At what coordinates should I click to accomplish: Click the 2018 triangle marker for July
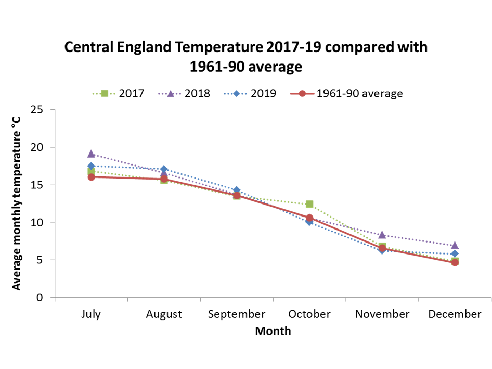[x=91, y=154]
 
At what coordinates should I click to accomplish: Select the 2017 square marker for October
[x=309, y=205]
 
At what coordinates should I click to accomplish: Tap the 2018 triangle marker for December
[x=455, y=245]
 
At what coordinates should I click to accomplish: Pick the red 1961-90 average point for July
[x=91, y=177]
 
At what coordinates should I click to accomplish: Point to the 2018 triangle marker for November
[x=382, y=235]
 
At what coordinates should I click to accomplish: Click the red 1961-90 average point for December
[x=455, y=263]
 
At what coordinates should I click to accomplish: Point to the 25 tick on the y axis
[x=36, y=110]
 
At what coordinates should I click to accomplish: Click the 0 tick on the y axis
[x=40, y=298]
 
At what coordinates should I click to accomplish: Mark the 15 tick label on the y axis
[x=36, y=185]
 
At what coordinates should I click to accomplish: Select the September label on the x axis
[x=237, y=314]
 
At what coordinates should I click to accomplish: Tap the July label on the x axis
[x=91, y=314]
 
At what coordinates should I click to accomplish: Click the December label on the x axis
[x=455, y=314]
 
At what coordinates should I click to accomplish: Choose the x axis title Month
[x=273, y=331]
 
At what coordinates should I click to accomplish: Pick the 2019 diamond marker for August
[x=164, y=170]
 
